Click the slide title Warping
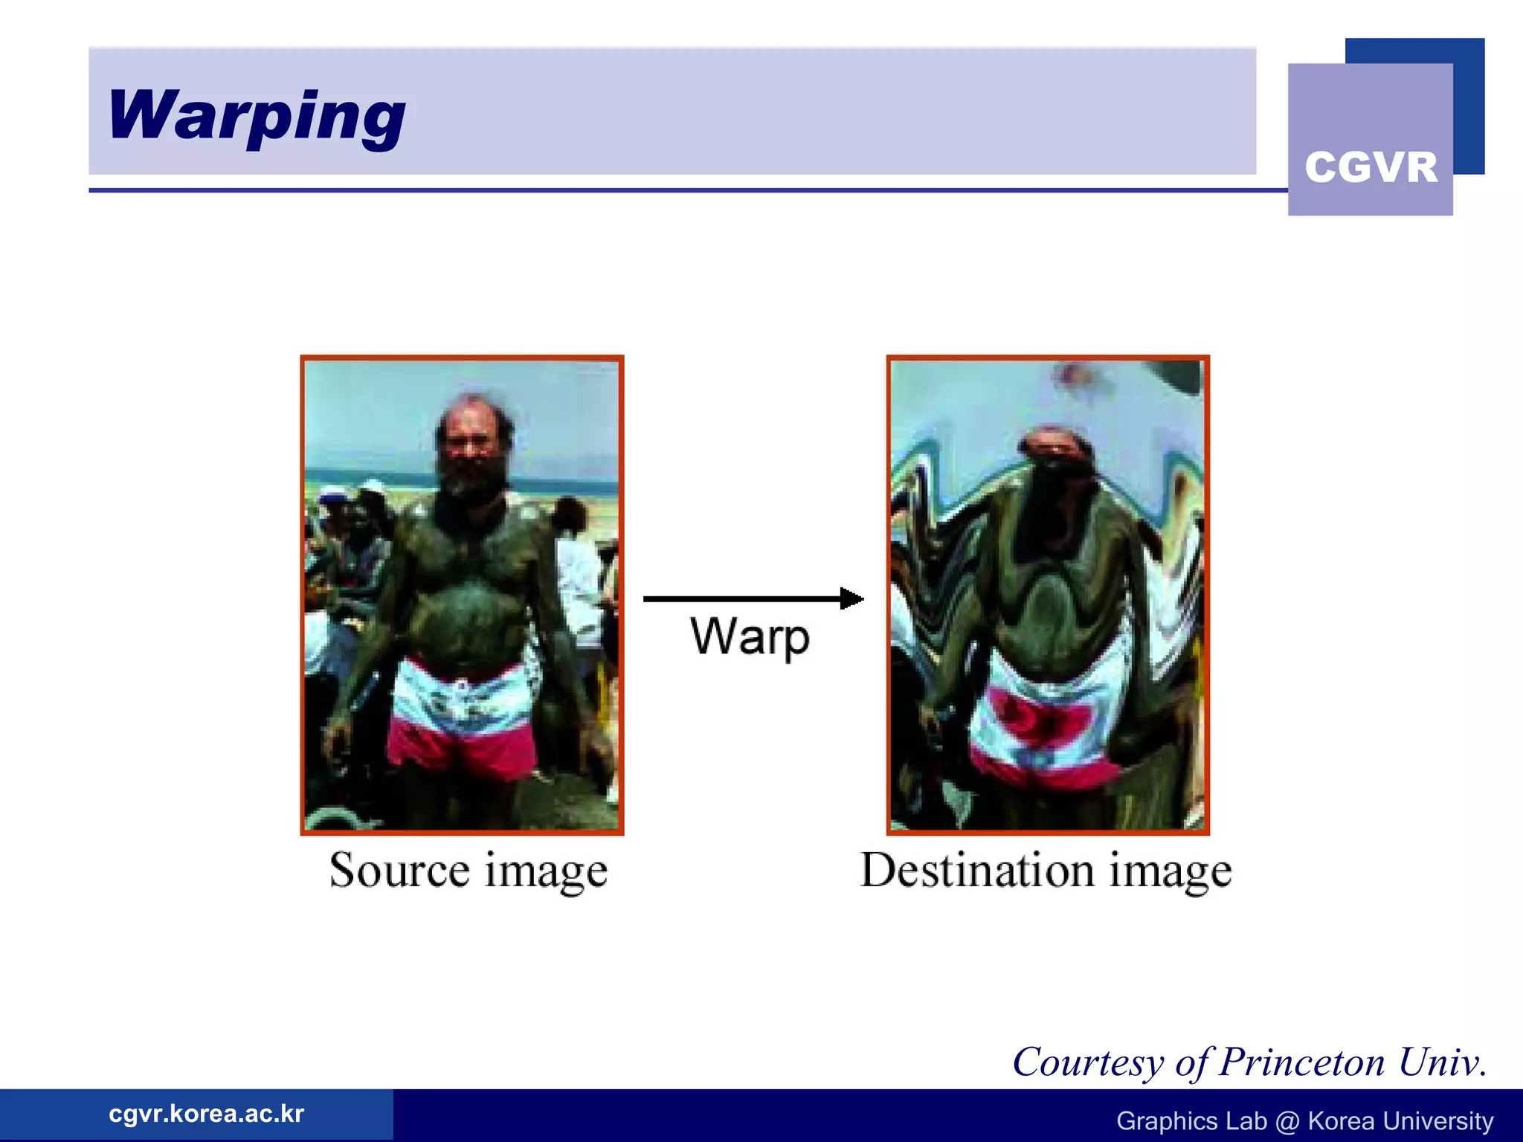point(257,115)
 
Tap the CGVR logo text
point(1371,167)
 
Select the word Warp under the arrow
point(750,637)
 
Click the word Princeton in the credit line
point(1301,1062)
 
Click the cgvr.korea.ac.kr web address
point(206,1114)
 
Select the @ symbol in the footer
point(1287,1121)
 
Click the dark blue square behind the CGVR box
point(1468,104)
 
